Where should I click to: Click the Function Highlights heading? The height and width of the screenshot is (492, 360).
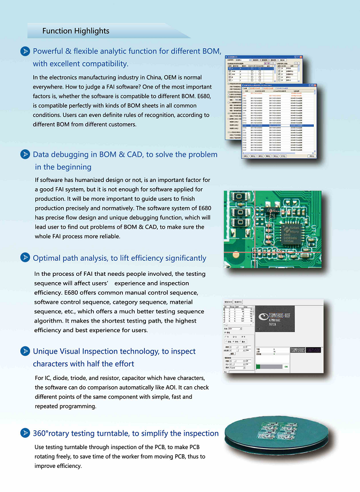tap(76, 31)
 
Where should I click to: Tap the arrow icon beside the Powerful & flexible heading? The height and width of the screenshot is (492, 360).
tap(25, 52)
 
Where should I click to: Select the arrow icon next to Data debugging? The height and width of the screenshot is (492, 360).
tap(25, 155)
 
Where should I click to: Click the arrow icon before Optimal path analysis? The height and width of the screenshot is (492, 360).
tap(25, 258)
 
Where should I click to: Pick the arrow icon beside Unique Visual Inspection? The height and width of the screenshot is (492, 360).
tap(25, 351)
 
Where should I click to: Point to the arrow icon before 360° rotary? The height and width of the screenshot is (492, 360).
tap(25, 433)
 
